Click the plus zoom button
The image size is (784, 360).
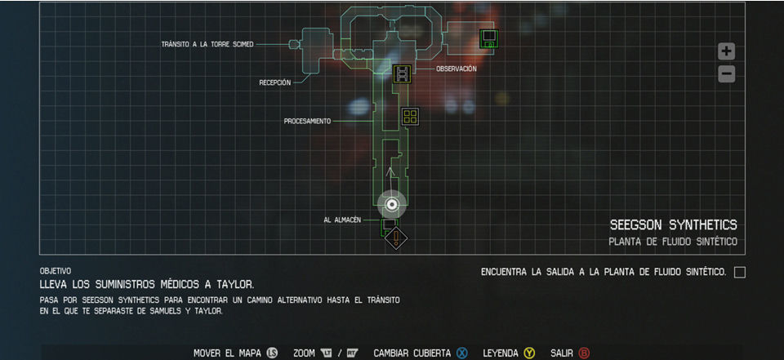click(726, 51)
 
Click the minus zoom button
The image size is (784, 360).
click(726, 74)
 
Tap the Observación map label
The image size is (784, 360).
click(456, 69)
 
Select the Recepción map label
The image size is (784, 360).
click(274, 82)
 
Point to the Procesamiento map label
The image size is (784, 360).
click(307, 121)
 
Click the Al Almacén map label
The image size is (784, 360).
click(341, 220)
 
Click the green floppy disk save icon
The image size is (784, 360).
click(489, 38)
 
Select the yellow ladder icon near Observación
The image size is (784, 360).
click(402, 73)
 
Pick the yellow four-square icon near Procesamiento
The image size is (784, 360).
click(410, 117)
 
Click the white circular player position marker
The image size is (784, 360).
click(392, 204)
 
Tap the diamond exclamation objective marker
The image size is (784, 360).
click(396, 238)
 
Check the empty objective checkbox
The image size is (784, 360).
click(739, 272)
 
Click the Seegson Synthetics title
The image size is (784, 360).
click(673, 224)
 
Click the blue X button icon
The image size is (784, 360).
click(461, 353)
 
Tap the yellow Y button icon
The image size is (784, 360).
click(529, 353)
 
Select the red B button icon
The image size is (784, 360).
click(583, 353)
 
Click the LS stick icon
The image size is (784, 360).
click(273, 353)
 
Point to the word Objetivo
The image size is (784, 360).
click(56, 270)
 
